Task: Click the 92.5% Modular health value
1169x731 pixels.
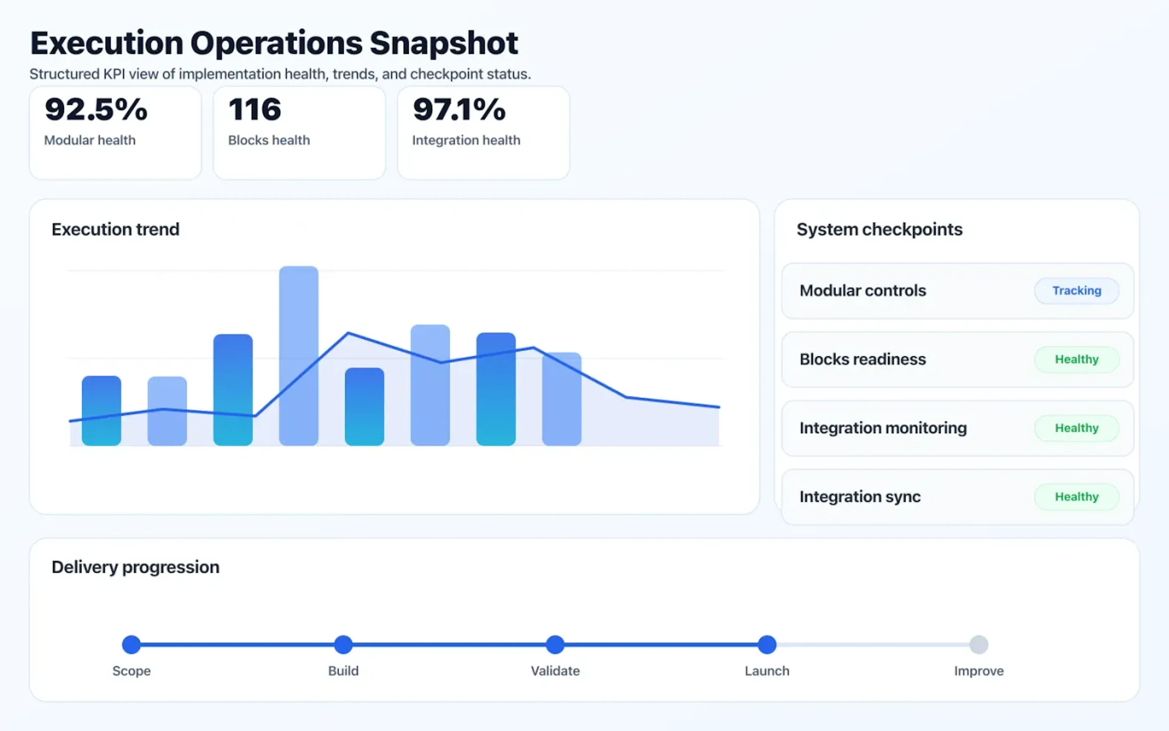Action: [96, 109]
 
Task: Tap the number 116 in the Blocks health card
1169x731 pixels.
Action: [255, 109]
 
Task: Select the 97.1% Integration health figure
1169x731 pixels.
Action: [459, 109]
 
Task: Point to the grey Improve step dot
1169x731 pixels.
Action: [979, 644]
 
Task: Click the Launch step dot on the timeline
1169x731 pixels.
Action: [767, 644]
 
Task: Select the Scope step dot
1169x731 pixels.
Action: [132, 644]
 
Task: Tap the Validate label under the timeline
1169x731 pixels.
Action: [555, 671]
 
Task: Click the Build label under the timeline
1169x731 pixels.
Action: [343, 671]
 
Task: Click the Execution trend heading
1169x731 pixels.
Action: [115, 229]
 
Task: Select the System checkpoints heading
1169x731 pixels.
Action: [879, 229]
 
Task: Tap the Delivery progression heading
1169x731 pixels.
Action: [135, 567]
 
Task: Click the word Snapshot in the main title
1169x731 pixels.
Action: [444, 44]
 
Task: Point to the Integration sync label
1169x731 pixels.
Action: [860, 496]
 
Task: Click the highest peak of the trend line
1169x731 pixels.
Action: [348, 333]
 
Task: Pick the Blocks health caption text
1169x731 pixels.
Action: [269, 140]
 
